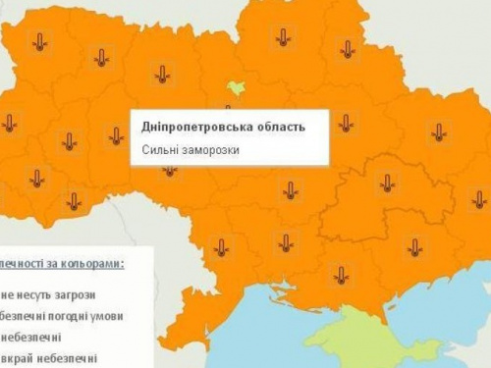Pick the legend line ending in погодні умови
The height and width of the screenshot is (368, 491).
click(63, 315)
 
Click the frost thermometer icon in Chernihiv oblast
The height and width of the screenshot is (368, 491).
click(283, 37)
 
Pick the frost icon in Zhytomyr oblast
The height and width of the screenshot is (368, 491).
click(162, 74)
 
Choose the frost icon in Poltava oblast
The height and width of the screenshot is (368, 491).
click(345, 123)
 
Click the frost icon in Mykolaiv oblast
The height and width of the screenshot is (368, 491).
click(285, 241)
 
